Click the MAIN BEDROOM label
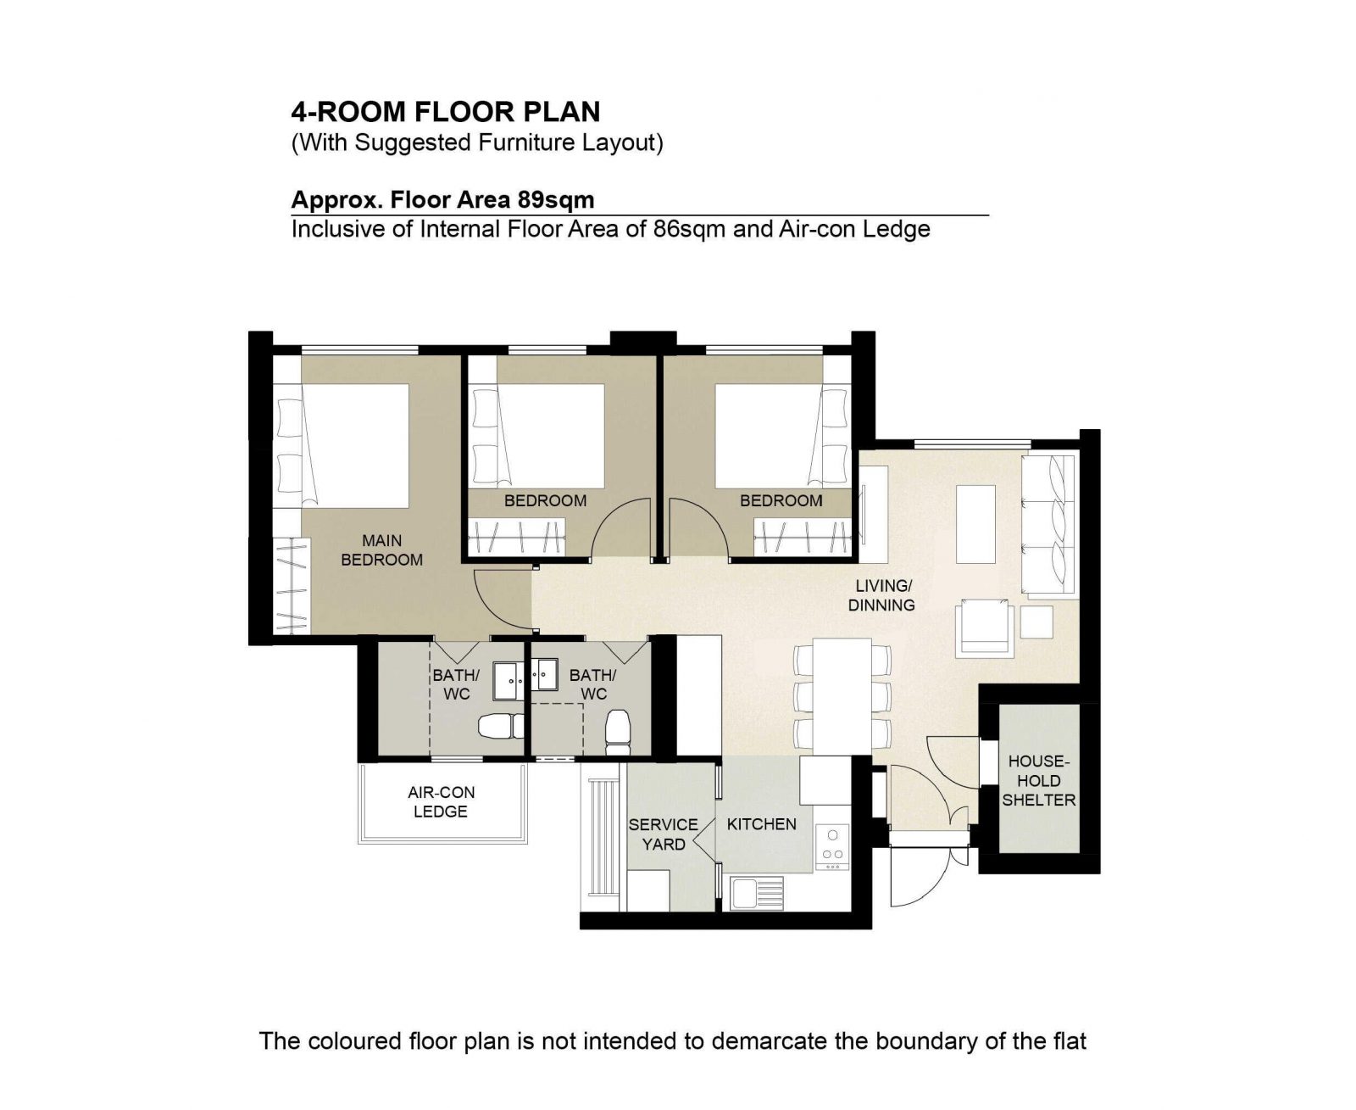click(x=381, y=549)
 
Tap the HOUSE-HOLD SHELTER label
click(x=1037, y=780)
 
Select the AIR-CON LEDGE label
click(x=441, y=802)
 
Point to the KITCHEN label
click(x=761, y=824)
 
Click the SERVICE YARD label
click(x=663, y=834)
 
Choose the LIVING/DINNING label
click(x=881, y=595)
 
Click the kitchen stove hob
click(x=832, y=847)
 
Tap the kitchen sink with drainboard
click(x=757, y=894)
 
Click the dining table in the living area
click(x=842, y=695)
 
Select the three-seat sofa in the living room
click(x=1048, y=524)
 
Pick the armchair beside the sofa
click(x=984, y=628)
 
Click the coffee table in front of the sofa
click(x=975, y=524)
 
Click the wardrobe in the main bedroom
click(x=292, y=586)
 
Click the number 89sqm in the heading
click(x=556, y=199)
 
